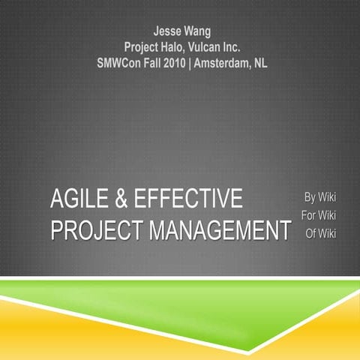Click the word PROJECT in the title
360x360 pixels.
click(96, 230)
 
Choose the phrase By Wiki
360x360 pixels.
click(319, 198)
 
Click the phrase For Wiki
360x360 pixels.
click(318, 216)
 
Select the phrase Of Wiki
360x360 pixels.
click(320, 233)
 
